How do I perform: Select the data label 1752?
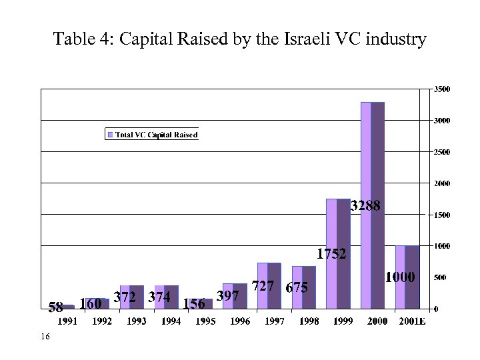[331, 254]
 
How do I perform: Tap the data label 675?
[297, 288]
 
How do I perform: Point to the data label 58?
[55, 307]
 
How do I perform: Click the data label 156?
[194, 304]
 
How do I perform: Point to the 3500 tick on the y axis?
[441, 89]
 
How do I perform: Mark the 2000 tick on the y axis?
[441, 183]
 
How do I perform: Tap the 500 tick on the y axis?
[440, 277]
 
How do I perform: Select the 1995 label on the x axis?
[205, 321]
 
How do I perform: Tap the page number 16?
[45, 338]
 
